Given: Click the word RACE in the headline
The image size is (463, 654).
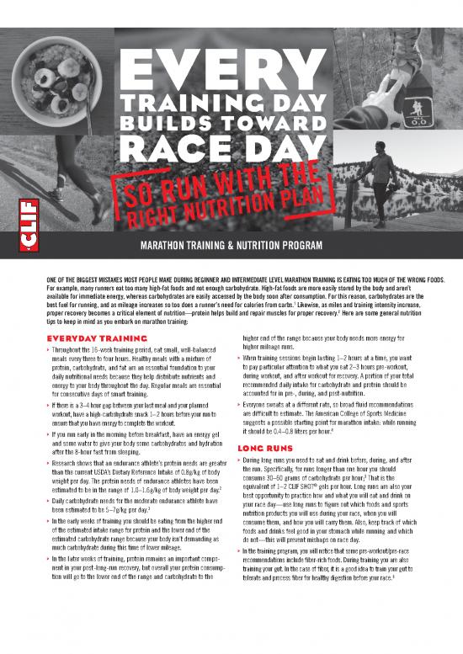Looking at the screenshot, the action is coord(180,150).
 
